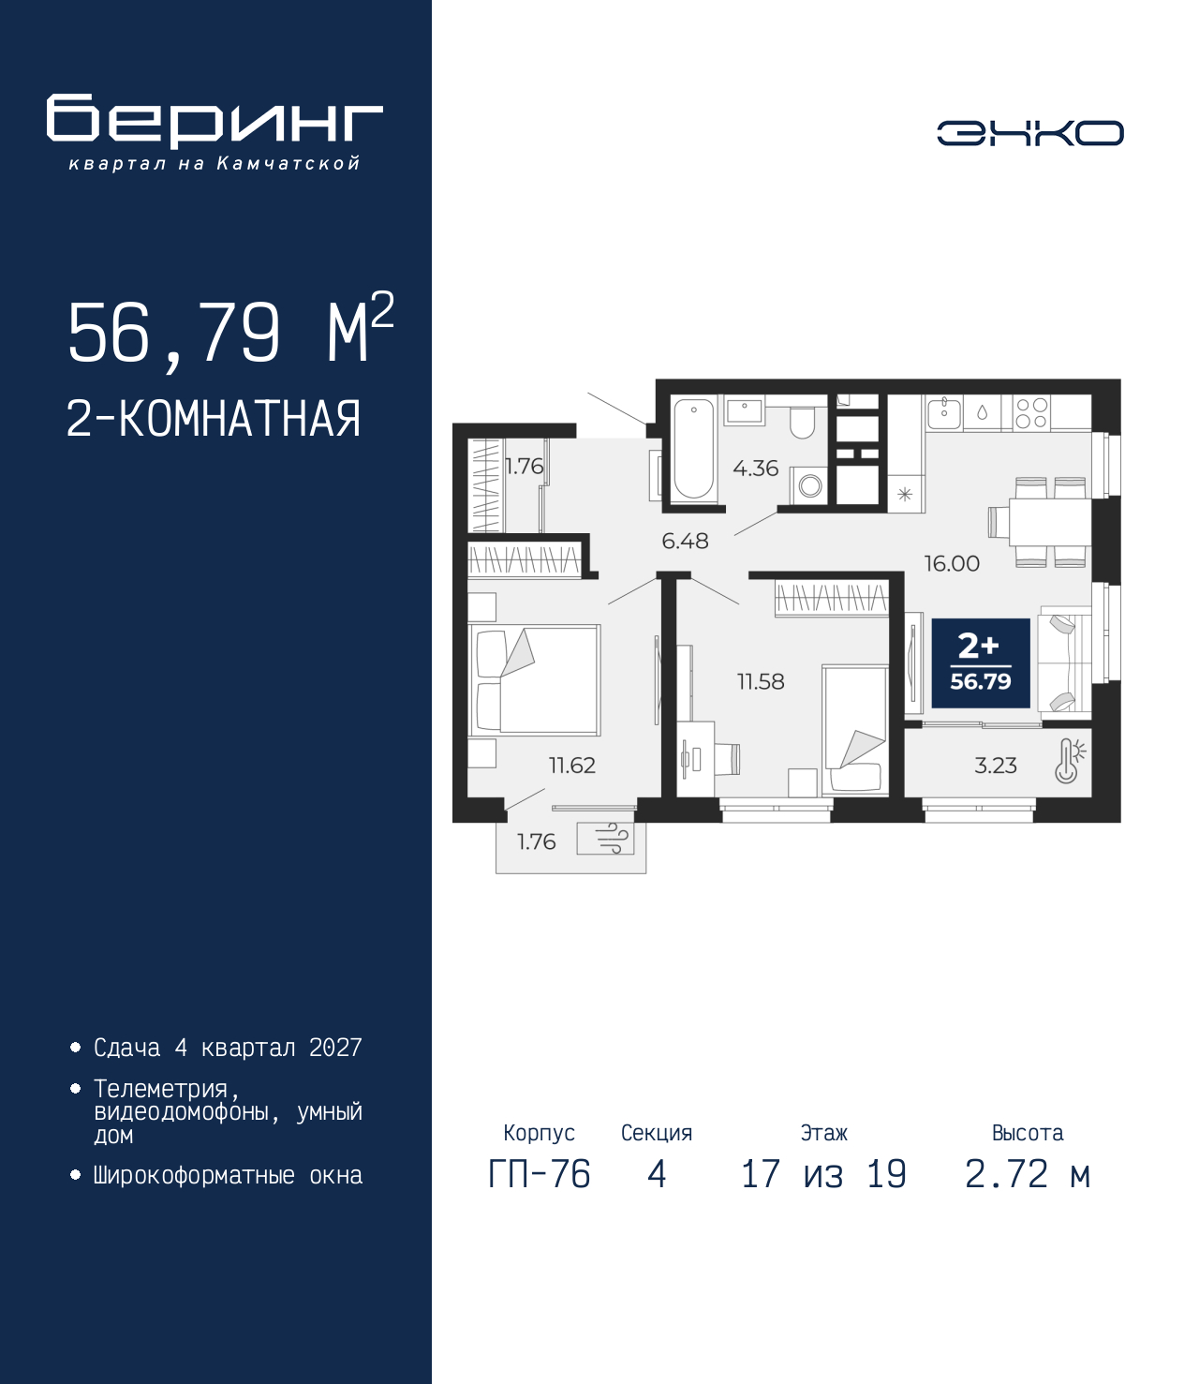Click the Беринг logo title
(215, 121)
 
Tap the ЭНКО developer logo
(1030, 132)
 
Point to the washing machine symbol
(809, 485)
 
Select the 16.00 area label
(952, 563)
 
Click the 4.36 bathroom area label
(755, 468)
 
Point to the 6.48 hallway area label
(685, 541)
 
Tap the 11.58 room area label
(761, 681)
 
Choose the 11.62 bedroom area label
(572, 765)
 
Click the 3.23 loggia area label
(996, 765)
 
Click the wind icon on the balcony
(605, 838)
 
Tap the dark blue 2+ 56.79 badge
(980, 662)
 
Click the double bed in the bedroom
(534, 679)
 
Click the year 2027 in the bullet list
(335, 1048)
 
